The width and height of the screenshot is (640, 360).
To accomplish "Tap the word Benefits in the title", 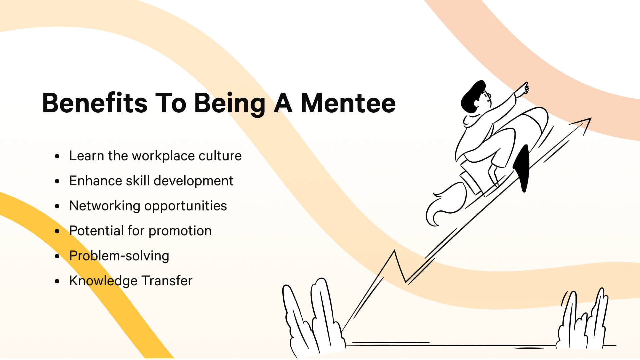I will pos(95,103).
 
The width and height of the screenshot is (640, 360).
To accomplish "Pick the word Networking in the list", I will pos(105,206).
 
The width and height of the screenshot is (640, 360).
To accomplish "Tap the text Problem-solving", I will pos(119,256).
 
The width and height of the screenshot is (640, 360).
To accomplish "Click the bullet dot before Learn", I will pos(57,156).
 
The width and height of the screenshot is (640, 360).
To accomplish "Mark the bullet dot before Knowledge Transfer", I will pos(57,281).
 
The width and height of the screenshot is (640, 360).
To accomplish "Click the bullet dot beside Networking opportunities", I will pos(57,206).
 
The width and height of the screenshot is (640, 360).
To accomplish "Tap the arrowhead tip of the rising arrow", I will pos(589,119).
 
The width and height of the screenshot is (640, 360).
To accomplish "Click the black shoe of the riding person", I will pos(523,168).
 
